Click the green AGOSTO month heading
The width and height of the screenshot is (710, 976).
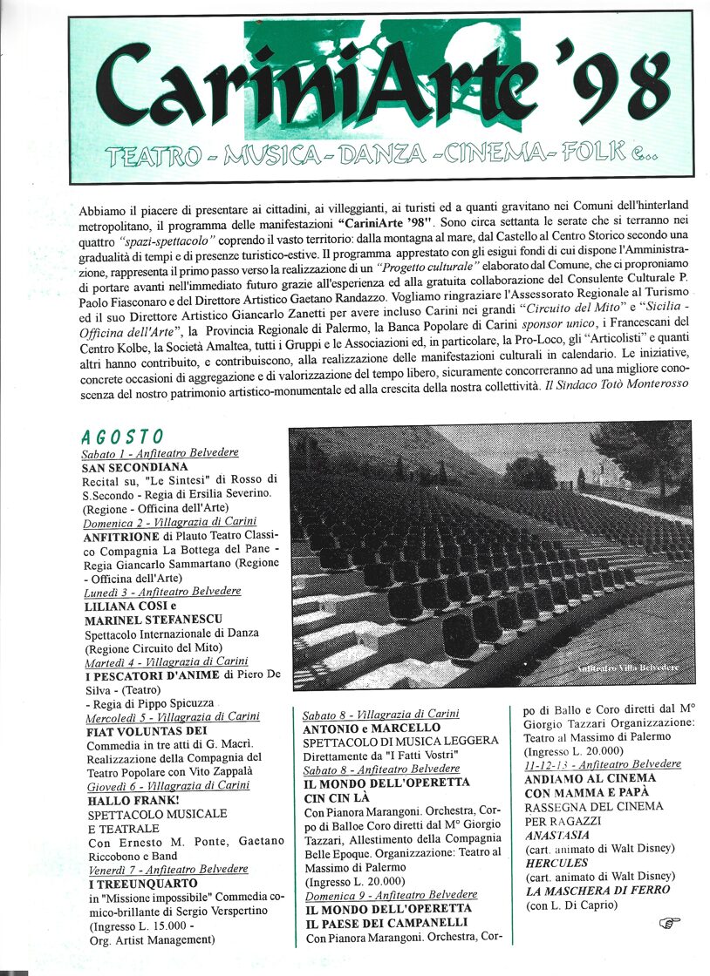tap(122, 437)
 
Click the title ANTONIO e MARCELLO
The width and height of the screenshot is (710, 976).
tap(372, 728)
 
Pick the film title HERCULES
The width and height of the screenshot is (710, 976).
tap(557, 862)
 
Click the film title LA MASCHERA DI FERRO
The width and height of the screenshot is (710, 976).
tap(597, 890)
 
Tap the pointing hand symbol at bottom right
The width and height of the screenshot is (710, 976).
tap(670, 922)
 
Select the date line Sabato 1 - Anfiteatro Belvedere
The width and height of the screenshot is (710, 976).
tap(160, 453)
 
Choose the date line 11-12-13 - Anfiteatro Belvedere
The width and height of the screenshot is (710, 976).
tap(603, 764)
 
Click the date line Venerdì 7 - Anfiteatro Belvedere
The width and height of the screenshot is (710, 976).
tap(167, 869)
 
